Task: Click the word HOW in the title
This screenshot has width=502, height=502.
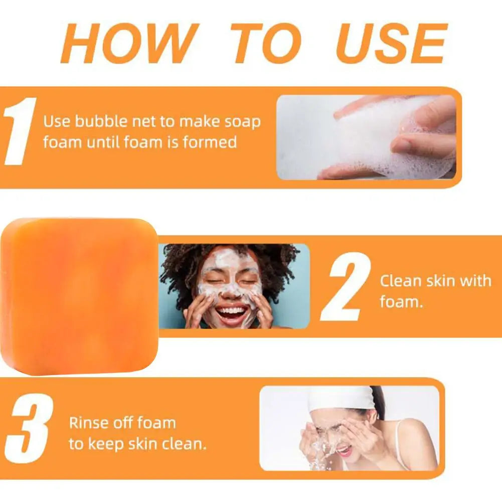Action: point(128,44)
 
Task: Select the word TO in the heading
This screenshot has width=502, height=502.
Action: point(266,44)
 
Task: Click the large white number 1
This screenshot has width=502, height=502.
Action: point(19,131)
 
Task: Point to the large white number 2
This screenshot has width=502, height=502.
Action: point(346,286)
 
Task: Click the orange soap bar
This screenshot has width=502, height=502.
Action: point(79,296)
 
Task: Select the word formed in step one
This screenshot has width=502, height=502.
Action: point(210,142)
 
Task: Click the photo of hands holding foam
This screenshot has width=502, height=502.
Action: point(366,137)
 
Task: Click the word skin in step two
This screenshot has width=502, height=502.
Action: point(440,280)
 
